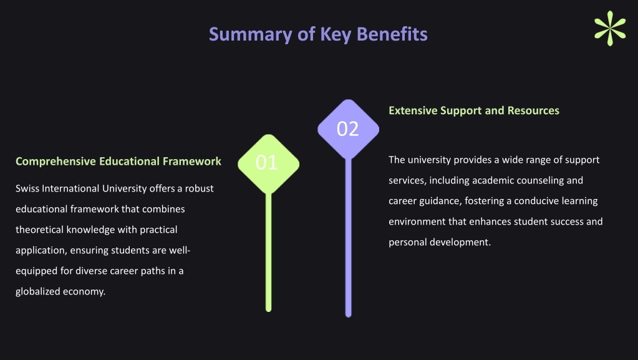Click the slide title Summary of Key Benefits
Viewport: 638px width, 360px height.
[318, 34]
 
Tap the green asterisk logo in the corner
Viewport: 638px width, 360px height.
[609, 28]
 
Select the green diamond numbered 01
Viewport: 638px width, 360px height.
[269, 163]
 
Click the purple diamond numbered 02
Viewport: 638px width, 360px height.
[348, 129]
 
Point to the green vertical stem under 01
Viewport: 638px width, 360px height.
[269, 253]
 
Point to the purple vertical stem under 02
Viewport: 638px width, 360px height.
[348, 238]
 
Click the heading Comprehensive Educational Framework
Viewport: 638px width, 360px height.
[118, 161]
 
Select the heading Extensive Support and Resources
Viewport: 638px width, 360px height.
[474, 111]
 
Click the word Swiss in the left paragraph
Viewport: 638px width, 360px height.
[27, 188]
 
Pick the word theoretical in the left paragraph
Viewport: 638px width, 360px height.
[39, 230]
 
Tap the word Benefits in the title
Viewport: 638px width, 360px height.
[392, 34]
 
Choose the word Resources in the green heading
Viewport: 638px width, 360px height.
[533, 111]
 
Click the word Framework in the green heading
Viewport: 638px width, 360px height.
[192, 161]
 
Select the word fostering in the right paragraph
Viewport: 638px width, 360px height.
[485, 201]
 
